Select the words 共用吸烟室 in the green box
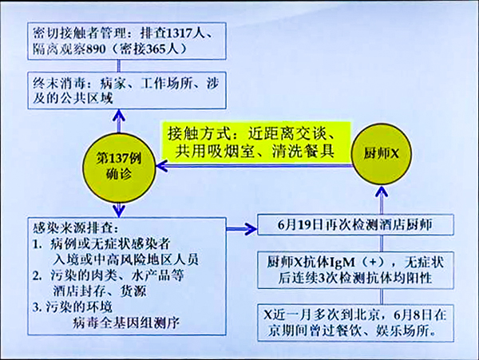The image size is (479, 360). click(210, 150)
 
